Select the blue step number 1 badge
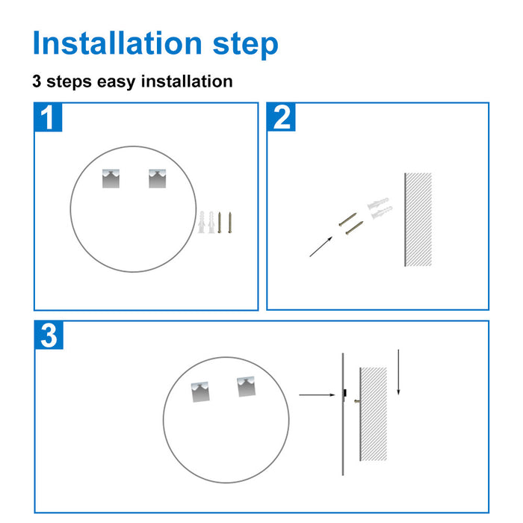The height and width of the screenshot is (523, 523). tap(49, 117)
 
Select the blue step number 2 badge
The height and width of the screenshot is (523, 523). tap(282, 117)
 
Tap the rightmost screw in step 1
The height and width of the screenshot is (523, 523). tap(230, 223)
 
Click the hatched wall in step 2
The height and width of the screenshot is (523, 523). tap(418, 219)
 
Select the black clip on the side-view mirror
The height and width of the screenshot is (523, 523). tap(344, 394)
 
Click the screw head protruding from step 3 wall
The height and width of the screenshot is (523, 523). tap(356, 400)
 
